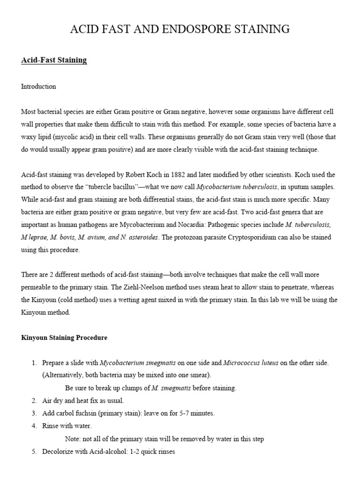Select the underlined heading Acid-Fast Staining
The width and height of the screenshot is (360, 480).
click(54, 60)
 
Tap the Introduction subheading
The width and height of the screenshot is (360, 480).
click(38, 87)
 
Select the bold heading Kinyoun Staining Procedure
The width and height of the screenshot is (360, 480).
click(64, 337)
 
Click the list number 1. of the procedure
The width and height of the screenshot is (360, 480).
click(34, 363)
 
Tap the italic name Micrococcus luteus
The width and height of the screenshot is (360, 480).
click(251, 363)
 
